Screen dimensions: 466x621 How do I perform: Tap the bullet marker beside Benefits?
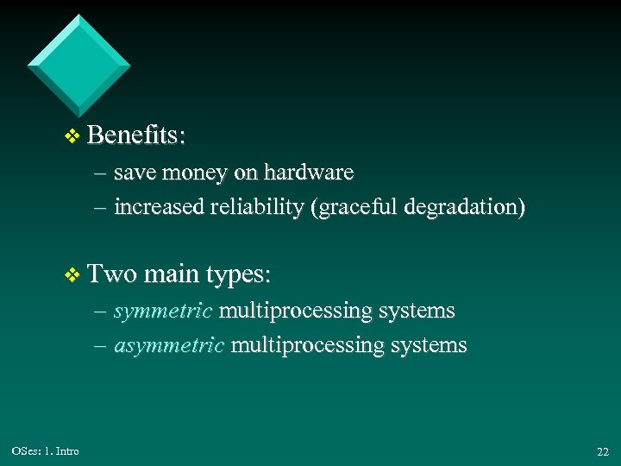[72, 136]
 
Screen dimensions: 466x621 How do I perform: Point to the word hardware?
[309, 173]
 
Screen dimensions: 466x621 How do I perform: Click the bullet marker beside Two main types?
[72, 275]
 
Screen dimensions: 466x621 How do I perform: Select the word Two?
[112, 274]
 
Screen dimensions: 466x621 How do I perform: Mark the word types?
[238, 275]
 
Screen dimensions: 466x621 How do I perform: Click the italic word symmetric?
[162, 311]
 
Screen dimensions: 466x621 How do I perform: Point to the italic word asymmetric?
[169, 345]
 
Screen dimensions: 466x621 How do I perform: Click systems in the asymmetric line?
[429, 345]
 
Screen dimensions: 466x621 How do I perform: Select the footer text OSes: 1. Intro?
[46, 450]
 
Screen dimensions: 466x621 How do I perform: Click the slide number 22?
[602, 451]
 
